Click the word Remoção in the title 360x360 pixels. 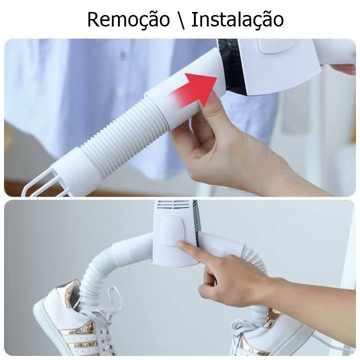pyautogui.click(x=128, y=20)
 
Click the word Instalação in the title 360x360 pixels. pyautogui.click(x=237, y=19)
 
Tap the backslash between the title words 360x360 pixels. pyautogui.click(x=180, y=20)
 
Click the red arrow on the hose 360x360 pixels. pyautogui.click(x=194, y=90)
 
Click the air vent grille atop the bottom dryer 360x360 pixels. pyautogui.click(x=174, y=204)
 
